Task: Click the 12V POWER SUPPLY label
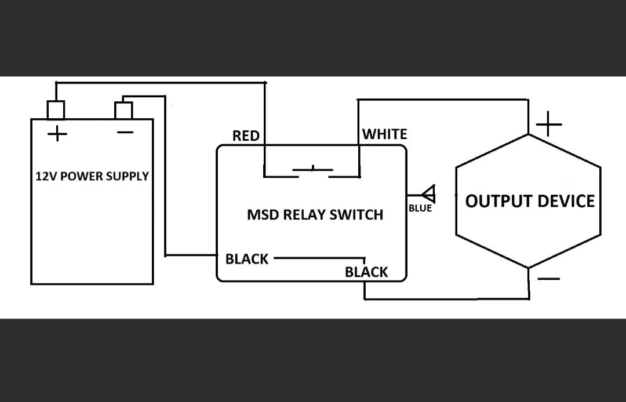92,176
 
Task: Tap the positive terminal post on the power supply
56,109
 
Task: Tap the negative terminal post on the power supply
123,110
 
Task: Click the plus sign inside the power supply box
57,134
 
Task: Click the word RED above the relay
246,136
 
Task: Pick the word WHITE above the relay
385,134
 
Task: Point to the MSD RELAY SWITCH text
315,215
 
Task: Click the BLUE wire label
420,209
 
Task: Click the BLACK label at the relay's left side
247,259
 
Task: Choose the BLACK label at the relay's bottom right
366,272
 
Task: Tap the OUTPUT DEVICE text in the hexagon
530,201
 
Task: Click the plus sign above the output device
548,124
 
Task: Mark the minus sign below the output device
549,279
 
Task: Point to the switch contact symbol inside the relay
313,171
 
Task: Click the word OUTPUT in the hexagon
497,201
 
